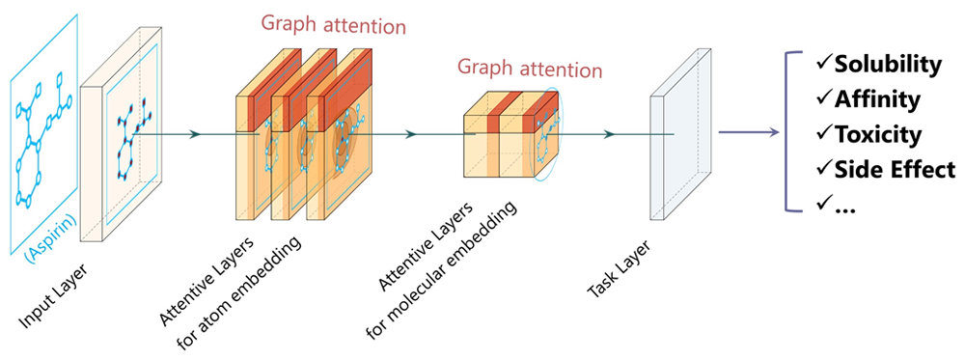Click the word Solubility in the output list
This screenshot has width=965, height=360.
(x=888, y=66)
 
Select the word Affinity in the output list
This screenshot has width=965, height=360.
(x=877, y=99)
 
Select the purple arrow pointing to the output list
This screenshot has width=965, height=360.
(x=749, y=133)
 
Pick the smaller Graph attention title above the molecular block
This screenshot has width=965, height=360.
(x=530, y=69)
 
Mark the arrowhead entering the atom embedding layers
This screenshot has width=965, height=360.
(x=196, y=134)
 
